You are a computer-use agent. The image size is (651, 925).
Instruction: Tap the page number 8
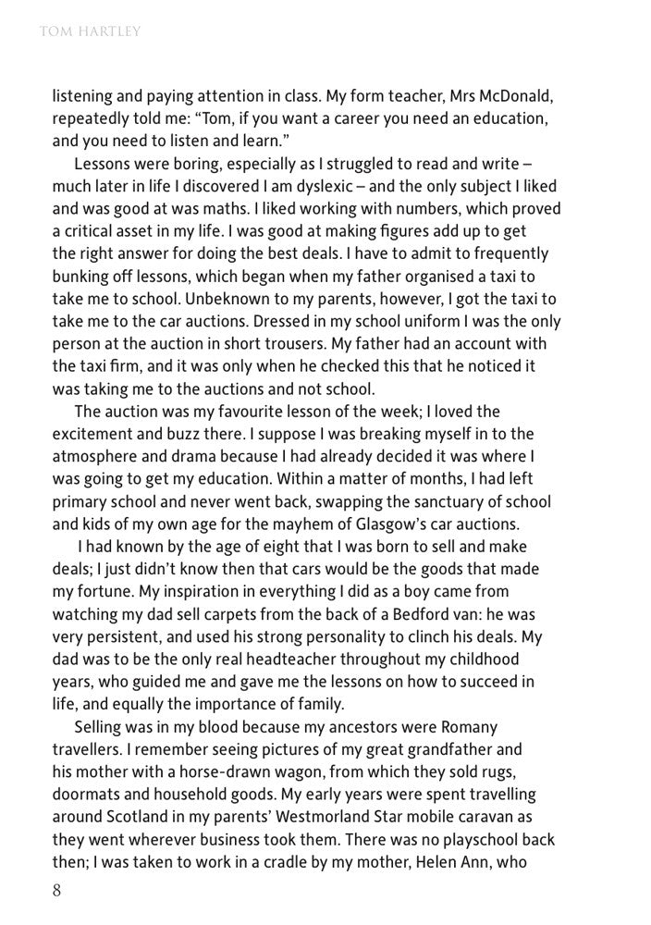[56, 894]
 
